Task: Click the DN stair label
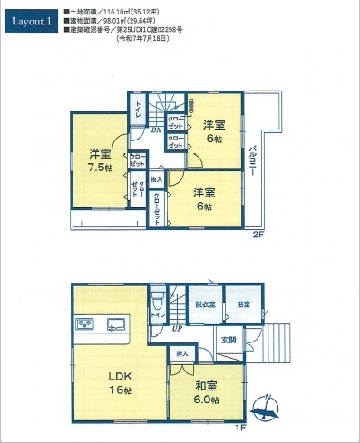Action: point(156,130)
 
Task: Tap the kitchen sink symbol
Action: point(118,323)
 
